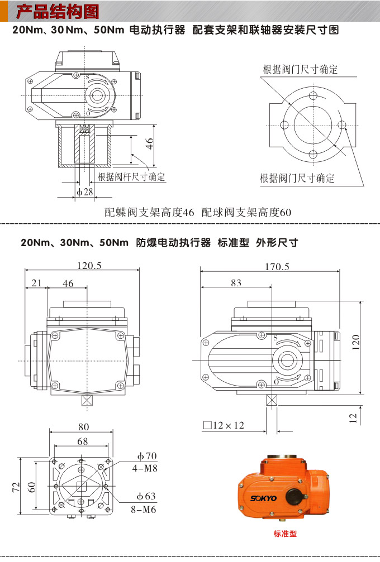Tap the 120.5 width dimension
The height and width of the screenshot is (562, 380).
(x=89, y=266)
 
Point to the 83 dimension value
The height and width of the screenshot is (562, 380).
(x=236, y=283)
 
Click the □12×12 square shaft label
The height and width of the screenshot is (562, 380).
(x=224, y=425)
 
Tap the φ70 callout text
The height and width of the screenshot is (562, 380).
(x=146, y=456)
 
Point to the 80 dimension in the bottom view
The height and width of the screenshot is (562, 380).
(x=83, y=427)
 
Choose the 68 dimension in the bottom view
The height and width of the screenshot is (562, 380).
(x=83, y=441)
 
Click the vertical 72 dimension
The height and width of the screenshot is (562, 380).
(x=16, y=487)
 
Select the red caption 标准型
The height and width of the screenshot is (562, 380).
(x=285, y=534)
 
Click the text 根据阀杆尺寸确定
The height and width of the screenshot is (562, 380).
(x=131, y=177)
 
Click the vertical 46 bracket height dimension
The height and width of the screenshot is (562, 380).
(x=149, y=143)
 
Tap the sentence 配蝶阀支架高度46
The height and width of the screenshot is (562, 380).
(x=150, y=213)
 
